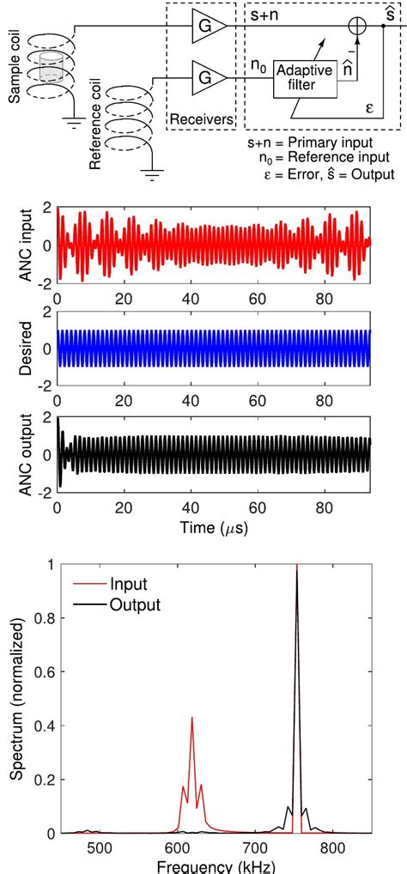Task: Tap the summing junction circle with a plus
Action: [x=354, y=27]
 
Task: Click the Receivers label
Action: [x=201, y=120]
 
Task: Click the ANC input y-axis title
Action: [x=18, y=244]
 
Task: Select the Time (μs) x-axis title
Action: [x=213, y=525]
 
